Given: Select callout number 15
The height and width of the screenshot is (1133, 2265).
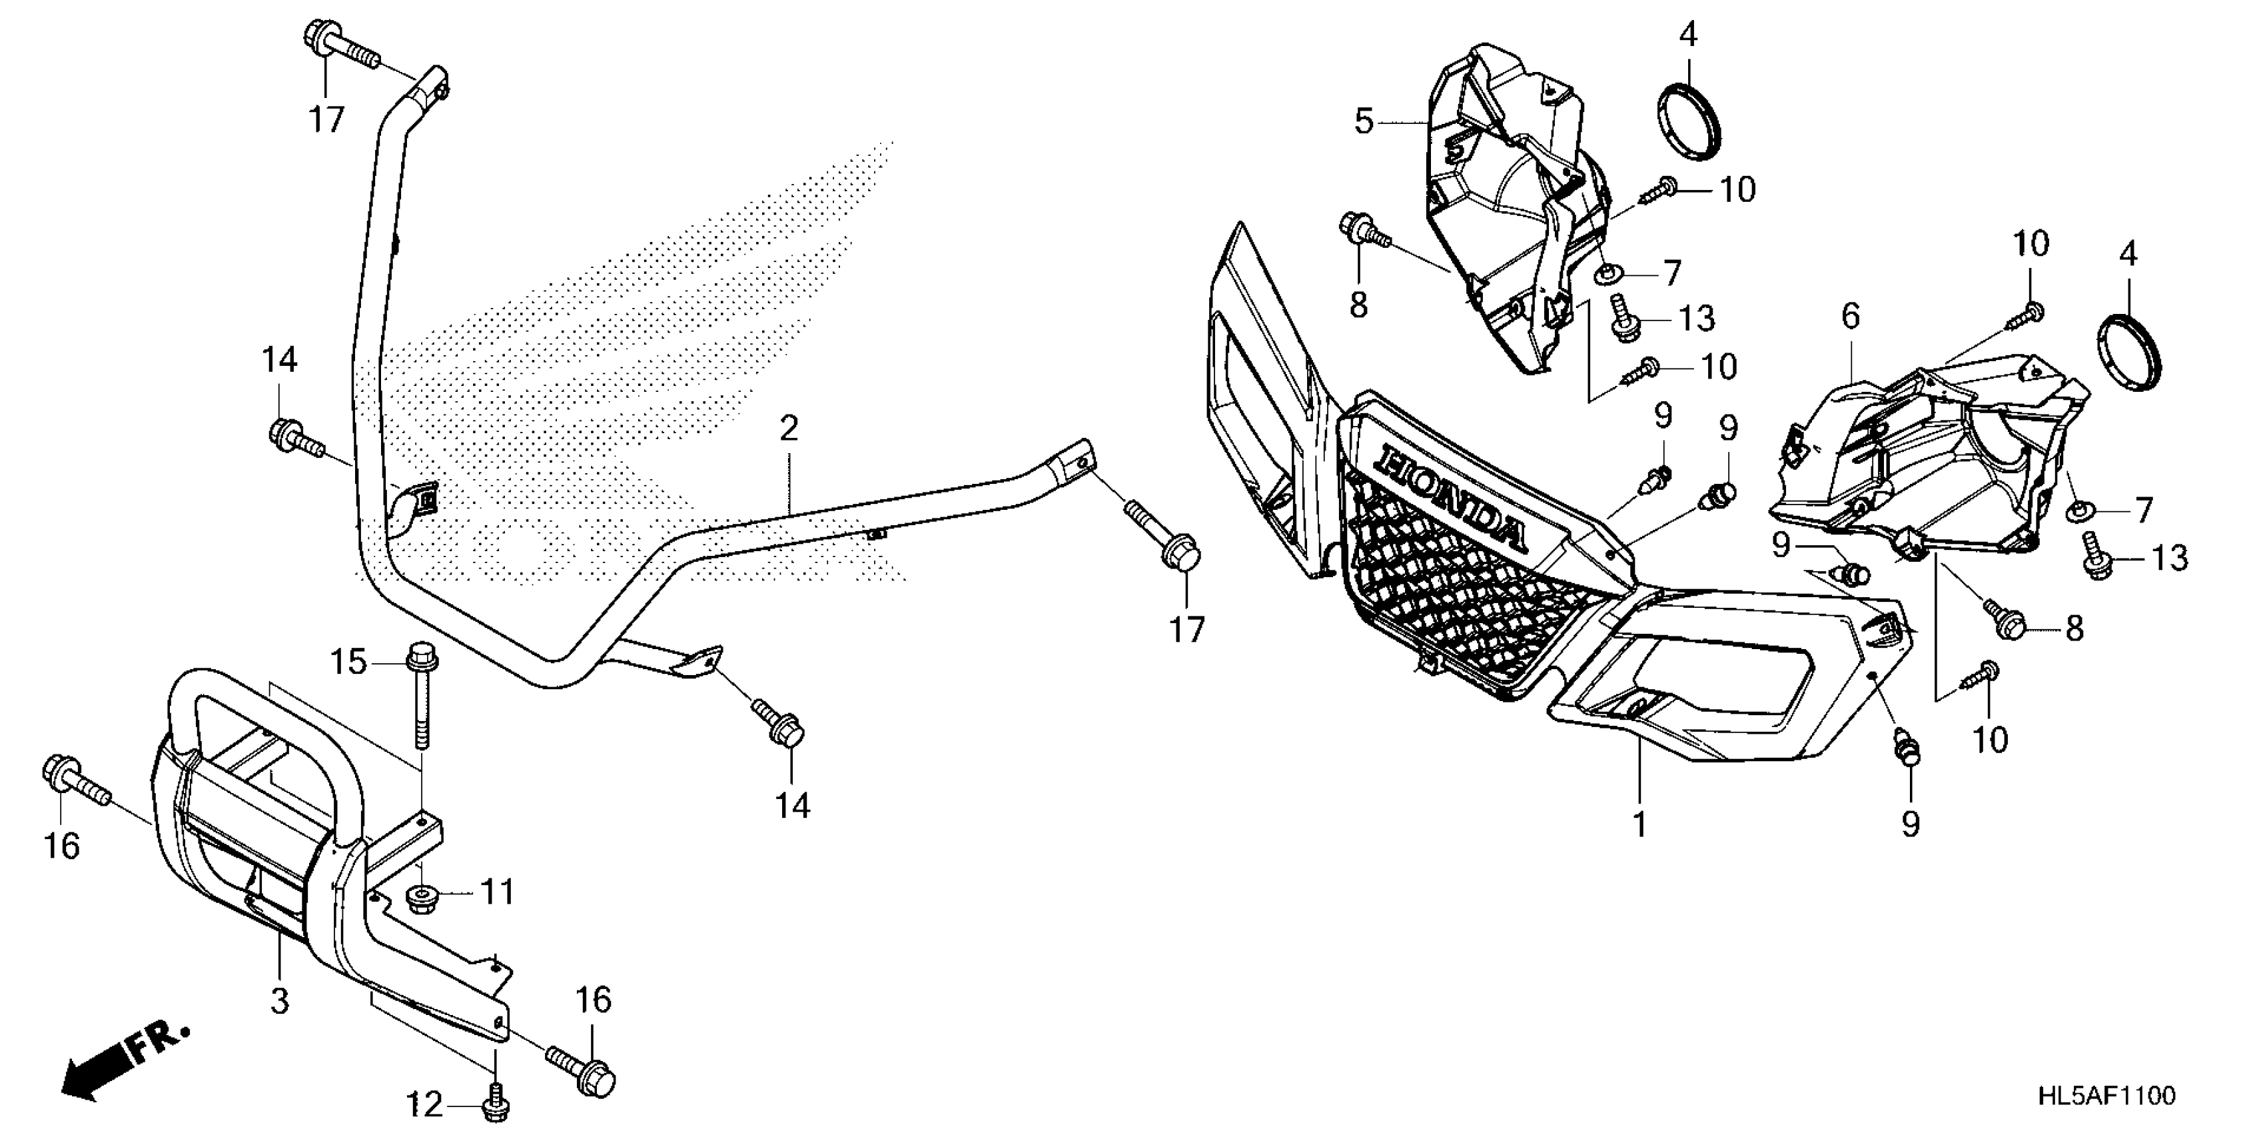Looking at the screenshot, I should click(348, 662).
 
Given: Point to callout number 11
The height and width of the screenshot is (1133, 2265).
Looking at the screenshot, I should click(498, 894).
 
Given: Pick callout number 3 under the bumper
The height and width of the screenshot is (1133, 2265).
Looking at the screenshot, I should click(280, 1001).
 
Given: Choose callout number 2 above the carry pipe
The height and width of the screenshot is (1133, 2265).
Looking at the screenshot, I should click(789, 429).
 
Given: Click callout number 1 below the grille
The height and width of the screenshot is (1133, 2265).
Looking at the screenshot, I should click(1639, 825).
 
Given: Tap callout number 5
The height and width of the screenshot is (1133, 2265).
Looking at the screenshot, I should click(1363, 121).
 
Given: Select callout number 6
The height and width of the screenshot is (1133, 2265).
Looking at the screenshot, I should click(1851, 317).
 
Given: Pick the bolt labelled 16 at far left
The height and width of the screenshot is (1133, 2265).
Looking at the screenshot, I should click(74, 783).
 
